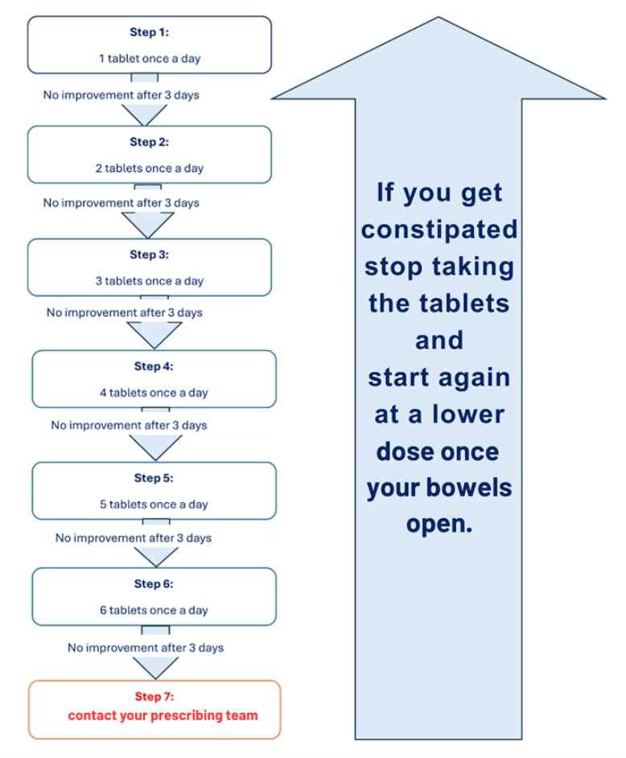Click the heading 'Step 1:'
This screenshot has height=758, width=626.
(150, 32)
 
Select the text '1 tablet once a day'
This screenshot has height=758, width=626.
(150, 59)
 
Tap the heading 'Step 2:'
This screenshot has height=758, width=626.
(150, 142)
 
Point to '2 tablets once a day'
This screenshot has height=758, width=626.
(150, 169)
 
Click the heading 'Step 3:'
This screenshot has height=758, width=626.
(150, 255)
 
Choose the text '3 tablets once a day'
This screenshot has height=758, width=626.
(150, 282)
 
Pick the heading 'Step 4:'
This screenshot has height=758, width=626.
(154, 367)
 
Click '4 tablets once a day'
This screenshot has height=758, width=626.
(154, 393)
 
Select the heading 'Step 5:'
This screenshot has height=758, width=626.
(154, 478)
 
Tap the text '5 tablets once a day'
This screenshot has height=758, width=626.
(154, 505)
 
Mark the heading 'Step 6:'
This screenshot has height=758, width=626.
(154, 584)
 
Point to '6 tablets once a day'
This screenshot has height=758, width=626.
(154, 611)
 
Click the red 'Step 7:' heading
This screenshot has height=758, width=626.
(154, 696)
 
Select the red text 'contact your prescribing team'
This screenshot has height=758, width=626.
(163, 715)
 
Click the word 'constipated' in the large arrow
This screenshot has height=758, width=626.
(439, 230)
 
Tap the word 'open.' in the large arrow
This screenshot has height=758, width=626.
(439, 525)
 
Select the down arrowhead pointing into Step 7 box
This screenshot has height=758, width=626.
(155, 668)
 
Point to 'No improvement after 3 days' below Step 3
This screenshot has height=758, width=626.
(124, 312)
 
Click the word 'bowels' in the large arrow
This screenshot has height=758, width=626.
(475, 488)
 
